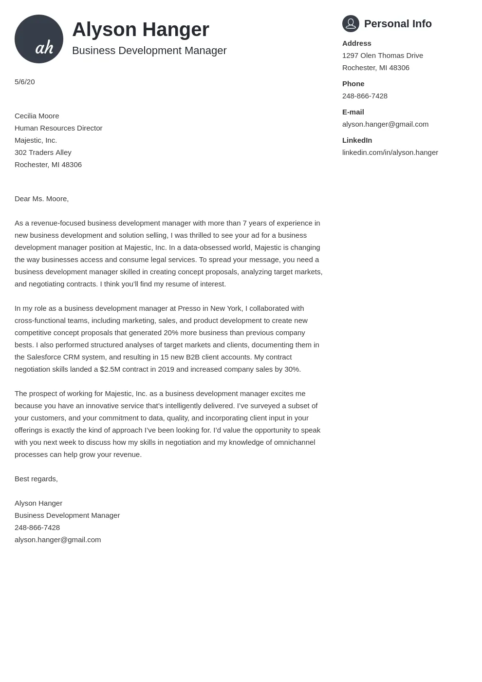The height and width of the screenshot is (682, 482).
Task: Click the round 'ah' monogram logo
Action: click(x=39, y=39)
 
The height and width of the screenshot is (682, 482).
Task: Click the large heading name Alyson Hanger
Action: click(x=140, y=30)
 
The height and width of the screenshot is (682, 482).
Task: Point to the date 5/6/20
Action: click(x=24, y=82)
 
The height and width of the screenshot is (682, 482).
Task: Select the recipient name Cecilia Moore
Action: click(x=37, y=116)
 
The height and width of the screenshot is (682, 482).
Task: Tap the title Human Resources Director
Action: click(x=58, y=128)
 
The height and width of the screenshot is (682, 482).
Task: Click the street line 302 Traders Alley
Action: click(x=43, y=152)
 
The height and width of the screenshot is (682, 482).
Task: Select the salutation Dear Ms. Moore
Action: click(x=41, y=199)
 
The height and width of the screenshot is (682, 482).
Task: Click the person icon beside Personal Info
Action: click(x=351, y=23)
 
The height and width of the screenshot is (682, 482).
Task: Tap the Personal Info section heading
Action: click(x=397, y=24)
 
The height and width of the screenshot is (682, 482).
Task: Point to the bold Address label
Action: click(x=356, y=43)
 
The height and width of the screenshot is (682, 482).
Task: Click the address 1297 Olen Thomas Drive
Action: click(x=382, y=56)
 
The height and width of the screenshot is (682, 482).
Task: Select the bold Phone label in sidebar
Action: click(x=353, y=84)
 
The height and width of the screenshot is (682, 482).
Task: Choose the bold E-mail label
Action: click(x=353, y=112)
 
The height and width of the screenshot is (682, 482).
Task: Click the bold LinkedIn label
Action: click(x=357, y=140)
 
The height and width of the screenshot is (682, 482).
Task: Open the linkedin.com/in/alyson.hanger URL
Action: click(x=390, y=152)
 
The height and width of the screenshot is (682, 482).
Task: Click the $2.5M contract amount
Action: click(x=110, y=369)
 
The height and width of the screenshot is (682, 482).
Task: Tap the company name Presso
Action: click(x=189, y=308)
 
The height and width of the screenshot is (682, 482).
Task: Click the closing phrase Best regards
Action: click(x=36, y=479)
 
